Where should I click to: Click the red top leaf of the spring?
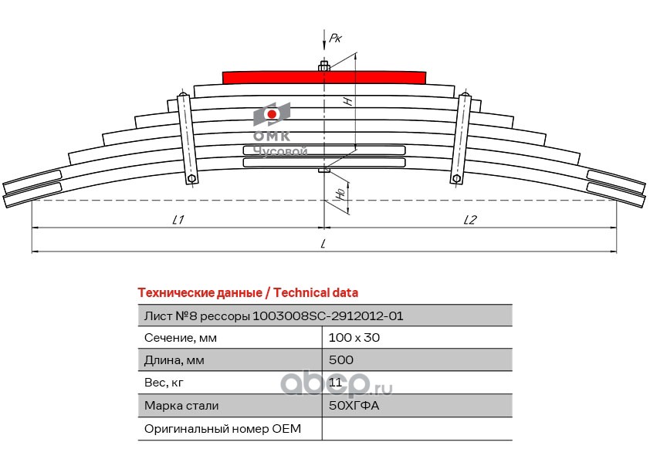click(323, 76)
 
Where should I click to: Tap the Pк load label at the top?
click(334, 37)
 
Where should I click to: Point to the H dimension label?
click(347, 101)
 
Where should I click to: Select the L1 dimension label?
click(177, 220)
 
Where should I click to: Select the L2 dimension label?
click(469, 220)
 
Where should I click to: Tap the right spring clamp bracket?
click(462, 138)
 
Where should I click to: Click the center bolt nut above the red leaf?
click(324, 66)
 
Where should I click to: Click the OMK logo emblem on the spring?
click(272, 115)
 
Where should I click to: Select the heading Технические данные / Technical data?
click(247, 293)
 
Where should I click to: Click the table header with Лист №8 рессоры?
click(273, 316)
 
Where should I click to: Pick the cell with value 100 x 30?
click(354, 338)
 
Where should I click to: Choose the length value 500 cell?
click(341, 360)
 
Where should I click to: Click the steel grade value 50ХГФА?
click(354, 405)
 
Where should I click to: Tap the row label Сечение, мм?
click(181, 338)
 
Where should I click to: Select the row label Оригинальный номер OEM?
click(222, 428)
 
